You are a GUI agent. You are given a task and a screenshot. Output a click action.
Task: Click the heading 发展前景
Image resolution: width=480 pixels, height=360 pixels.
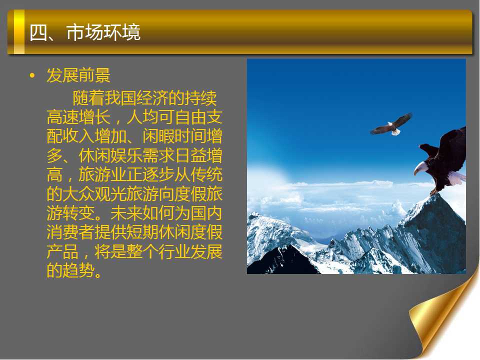pos(78,75)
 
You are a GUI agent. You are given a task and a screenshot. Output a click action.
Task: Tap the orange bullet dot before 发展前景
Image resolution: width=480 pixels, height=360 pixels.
pos(32,75)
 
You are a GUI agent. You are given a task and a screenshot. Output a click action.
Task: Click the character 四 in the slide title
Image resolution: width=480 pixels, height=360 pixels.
pos(38,32)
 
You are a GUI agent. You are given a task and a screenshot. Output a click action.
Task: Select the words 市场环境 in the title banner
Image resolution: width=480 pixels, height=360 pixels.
pos(103,32)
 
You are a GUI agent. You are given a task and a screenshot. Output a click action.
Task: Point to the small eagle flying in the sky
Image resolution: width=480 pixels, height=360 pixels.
pos(391,124)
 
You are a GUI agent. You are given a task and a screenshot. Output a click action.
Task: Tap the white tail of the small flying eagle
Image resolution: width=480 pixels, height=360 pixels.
pos(395,132)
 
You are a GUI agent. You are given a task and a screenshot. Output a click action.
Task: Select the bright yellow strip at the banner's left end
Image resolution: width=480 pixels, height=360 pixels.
pos(19,32)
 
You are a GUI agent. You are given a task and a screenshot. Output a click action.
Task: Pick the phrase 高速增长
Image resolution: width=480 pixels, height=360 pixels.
pos(78,117)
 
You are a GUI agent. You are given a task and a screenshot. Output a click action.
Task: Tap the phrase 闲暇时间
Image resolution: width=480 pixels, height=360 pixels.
pos(174,136)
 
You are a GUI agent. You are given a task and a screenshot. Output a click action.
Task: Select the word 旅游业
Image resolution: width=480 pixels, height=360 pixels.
pos(102,175)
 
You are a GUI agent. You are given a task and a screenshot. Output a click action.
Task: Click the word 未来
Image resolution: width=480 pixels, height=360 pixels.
pos(126,213)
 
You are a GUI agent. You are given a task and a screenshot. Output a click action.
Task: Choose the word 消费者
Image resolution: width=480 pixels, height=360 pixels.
pos(70,232)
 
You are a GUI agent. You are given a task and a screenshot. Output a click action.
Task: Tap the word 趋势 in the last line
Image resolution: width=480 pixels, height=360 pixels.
pos(78,270)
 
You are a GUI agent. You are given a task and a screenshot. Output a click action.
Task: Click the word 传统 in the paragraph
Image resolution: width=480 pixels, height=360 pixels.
pos(206,175)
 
